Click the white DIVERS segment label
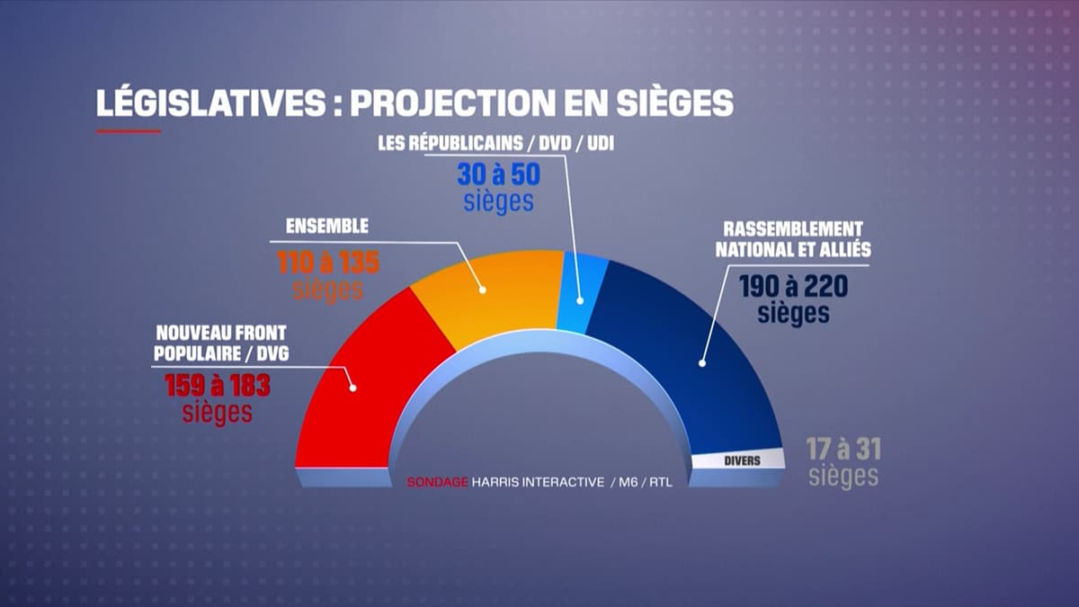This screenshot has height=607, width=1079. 742,460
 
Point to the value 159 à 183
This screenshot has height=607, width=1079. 218,386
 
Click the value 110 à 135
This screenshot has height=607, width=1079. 327,263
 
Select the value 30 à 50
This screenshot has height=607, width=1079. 499,173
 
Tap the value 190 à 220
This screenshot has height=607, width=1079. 793,286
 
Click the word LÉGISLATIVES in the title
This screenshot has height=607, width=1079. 210,103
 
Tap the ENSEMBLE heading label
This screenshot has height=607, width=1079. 325,228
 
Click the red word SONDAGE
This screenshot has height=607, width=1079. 438,482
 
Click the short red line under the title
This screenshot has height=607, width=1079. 129,131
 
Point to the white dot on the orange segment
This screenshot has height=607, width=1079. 483,290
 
